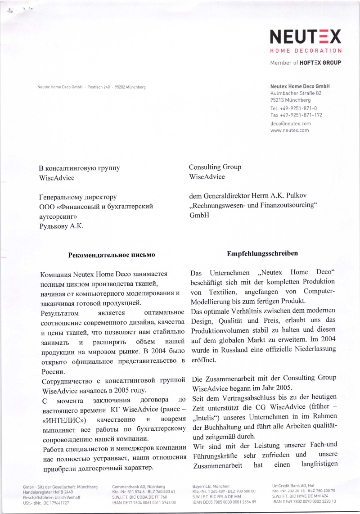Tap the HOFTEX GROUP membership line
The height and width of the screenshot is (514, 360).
[306, 63]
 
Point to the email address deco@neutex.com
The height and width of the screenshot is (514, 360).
[290, 123]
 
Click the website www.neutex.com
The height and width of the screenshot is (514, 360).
[289, 130]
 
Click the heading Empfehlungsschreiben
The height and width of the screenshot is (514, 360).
[262, 254]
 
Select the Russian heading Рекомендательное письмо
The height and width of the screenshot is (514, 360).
[112, 255]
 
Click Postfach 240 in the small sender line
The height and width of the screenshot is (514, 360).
[99, 87]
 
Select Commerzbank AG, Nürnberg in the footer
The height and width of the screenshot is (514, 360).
[139, 487]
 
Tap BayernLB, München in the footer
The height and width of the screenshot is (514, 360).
[211, 487]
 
